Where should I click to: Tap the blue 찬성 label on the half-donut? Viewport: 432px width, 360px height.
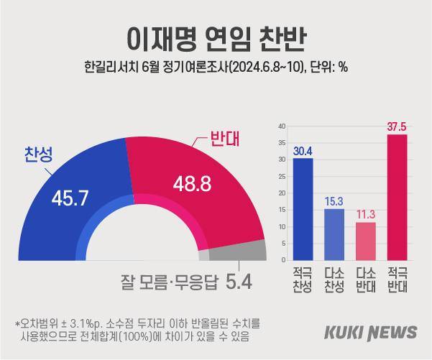(x=38, y=153)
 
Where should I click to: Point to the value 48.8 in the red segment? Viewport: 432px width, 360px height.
(x=191, y=184)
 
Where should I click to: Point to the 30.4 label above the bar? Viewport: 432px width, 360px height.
(x=303, y=150)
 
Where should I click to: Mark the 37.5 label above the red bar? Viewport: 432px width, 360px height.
(x=397, y=126)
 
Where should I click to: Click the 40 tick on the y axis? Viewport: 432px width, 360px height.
(x=282, y=126)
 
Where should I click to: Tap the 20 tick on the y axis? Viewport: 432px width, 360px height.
(x=282, y=193)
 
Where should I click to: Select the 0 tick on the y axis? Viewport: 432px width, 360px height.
(x=284, y=260)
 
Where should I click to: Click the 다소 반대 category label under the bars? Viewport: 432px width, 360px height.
(x=366, y=280)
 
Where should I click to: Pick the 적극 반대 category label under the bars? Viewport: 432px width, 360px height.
(x=397, y=280)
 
